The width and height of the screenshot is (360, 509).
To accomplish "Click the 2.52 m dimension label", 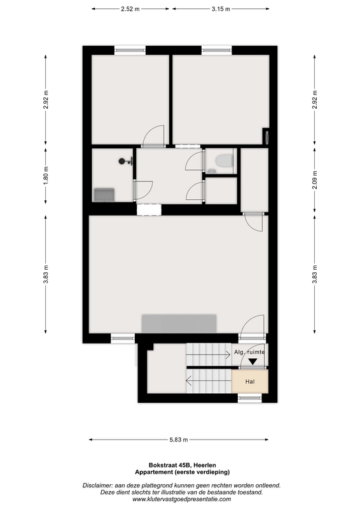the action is pyautogui.click(x=130, y=9).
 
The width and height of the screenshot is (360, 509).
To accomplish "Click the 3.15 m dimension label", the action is pyautogui.click(x=221, y=9).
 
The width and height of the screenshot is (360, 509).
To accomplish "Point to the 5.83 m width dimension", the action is pyautogui.click(x=179, y=440).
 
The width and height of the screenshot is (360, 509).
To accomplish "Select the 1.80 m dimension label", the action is pyautogui.click(x=46, y=176).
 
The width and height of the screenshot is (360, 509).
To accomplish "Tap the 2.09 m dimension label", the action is pyautogui.click(x=315, y=179).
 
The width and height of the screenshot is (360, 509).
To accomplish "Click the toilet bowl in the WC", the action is pyautogui.click(x=225, y=160).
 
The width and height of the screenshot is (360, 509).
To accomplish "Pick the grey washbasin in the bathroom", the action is pyautogui.click(x=104, y=195).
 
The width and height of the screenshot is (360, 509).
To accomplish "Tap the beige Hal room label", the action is pyautogui.click(x=250, y=382).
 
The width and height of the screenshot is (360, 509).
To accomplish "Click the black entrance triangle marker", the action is pyautogui.click(x=253, y=361).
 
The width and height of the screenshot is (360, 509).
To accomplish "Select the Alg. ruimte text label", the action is pyautogui.click(x=249, y=352).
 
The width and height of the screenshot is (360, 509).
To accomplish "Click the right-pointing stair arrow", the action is pyautogui.click(x=209, y=355).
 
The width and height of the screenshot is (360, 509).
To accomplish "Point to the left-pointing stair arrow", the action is pyautogui.click(x=209, y=380).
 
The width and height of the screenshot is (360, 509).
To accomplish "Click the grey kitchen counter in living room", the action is pyautogui.click(x=179, y=324).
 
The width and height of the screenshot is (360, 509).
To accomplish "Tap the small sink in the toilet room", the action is pyautogui.click(x=212, y=171).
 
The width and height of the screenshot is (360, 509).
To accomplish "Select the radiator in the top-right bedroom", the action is pyautogui.click(x=267, y=136).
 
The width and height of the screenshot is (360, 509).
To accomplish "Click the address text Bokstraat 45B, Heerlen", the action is pyautogui.click(x=182, y=465).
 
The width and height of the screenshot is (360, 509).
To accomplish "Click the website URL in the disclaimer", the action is pyautogui.click(x=182, y=499).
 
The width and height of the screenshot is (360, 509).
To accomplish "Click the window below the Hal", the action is pyautogui.click(x=249, y=398).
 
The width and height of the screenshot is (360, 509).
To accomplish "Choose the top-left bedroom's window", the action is pyautogui.click(x=130, y=50).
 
